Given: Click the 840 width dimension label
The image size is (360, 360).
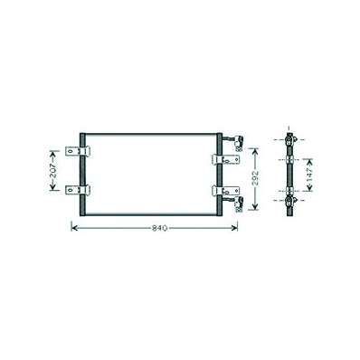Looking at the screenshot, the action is click(159, 228).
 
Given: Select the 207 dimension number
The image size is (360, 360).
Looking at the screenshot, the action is click(53, 170).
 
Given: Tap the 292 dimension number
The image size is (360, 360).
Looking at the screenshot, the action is click(255, 178).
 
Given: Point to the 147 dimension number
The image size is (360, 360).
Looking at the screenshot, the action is click(309, 175).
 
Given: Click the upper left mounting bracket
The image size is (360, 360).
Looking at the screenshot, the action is click(78, 151).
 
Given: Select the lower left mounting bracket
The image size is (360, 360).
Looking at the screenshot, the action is click(78, 190).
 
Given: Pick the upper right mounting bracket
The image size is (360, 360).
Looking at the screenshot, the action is click(226, 159).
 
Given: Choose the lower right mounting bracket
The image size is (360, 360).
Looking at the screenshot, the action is click(226, 191).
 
